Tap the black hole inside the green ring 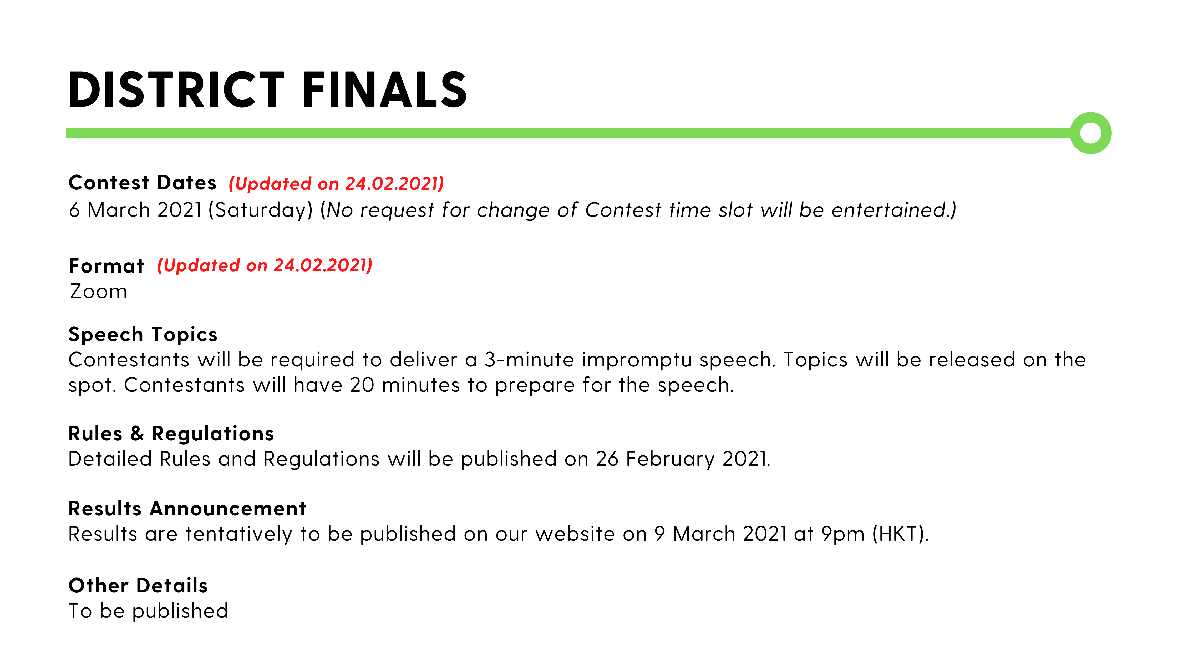pos(1091,133)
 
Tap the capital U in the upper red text pos(241,183)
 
